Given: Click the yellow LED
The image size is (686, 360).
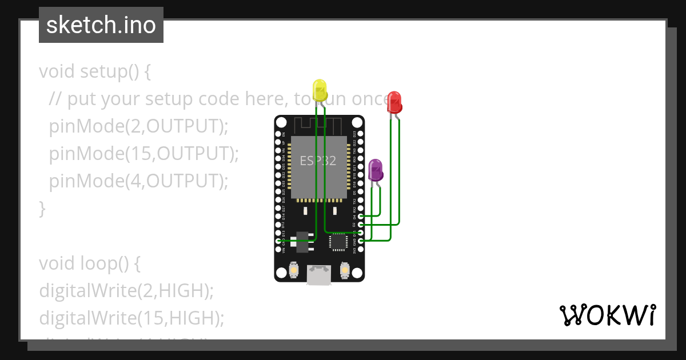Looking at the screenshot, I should [x=320, y=91].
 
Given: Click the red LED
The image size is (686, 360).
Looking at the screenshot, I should [x=394, y=102].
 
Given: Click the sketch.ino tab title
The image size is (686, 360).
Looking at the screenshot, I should [x=101, y=25].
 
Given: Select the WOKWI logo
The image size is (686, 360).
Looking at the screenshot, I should [x=607, y=315].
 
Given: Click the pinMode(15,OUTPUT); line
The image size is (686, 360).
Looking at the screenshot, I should [x=143, y=153].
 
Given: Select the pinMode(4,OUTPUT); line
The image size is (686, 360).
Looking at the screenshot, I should [x=138, y=181].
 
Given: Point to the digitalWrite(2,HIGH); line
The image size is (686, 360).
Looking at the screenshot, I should [x=126, y=290].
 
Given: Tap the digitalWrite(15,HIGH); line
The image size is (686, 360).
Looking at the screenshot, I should [x=131, y=318].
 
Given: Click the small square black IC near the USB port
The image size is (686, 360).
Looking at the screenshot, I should [x=337, y=242].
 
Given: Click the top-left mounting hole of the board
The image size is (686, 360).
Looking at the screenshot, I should [x=282, y=122].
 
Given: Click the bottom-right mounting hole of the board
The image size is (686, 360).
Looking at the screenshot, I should [x=357, y=274].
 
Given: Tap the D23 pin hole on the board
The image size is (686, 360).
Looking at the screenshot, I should [x=360, y=134].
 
